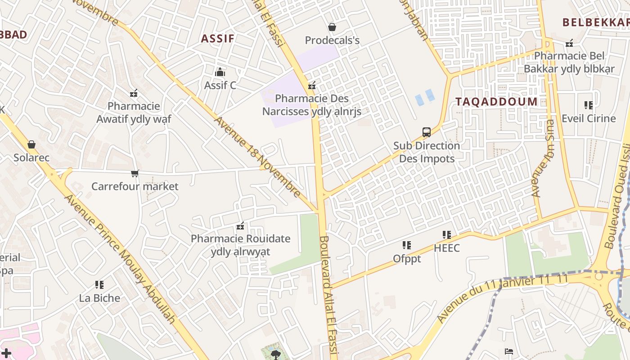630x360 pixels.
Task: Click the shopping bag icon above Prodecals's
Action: (x=332, y=27)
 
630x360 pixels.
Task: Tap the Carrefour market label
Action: (x=135, y=186)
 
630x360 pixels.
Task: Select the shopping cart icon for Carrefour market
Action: (x=135, y=173)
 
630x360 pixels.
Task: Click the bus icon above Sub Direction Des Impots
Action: (x=427, y=132)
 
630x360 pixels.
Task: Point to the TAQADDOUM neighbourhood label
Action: (x=496, y=102)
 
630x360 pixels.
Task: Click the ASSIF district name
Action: (x=218, y=38)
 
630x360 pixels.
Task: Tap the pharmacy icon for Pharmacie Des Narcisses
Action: (x=312, y=85)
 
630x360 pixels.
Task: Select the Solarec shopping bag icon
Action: (x=31, y=144)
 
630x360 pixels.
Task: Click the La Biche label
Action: (x=99, y=298)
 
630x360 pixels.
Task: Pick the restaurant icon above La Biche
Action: (x=99, y=284)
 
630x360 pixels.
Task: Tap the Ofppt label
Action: (x=407, y=259)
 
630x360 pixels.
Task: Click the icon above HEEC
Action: (x=447, y=234)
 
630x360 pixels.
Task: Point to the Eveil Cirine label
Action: (x=589, y=118)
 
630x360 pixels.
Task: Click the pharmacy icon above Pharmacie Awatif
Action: (x=134, y=93)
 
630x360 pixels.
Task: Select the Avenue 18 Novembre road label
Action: (x=257, y=157)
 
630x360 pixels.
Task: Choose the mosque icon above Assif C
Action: (x=220, y=72)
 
